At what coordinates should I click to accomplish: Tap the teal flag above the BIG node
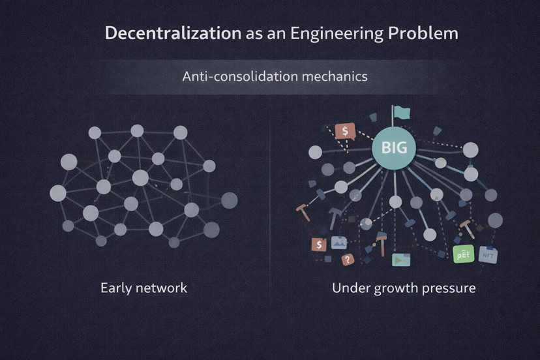[x=401, y=113]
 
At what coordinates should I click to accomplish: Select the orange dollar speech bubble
[x=344, y=131]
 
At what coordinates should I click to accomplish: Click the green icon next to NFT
[x=462, y=254]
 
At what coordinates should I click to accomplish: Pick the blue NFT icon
[x=488, y=254]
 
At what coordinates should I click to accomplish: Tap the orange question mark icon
[x=348, y=260]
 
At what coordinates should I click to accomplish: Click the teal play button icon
[x=400, y=260]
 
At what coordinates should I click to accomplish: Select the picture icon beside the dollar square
[x=338, y=243]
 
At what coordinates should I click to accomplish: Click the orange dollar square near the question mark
[x=319, y=245]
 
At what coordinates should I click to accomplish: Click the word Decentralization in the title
[x=173, y=33]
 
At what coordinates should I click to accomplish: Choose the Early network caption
[x=143, y=288]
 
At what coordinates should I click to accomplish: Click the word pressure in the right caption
[x=450, y=288]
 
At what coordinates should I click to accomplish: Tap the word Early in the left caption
[x=116, y=288]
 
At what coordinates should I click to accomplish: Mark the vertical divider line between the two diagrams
[x=270, y=196]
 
